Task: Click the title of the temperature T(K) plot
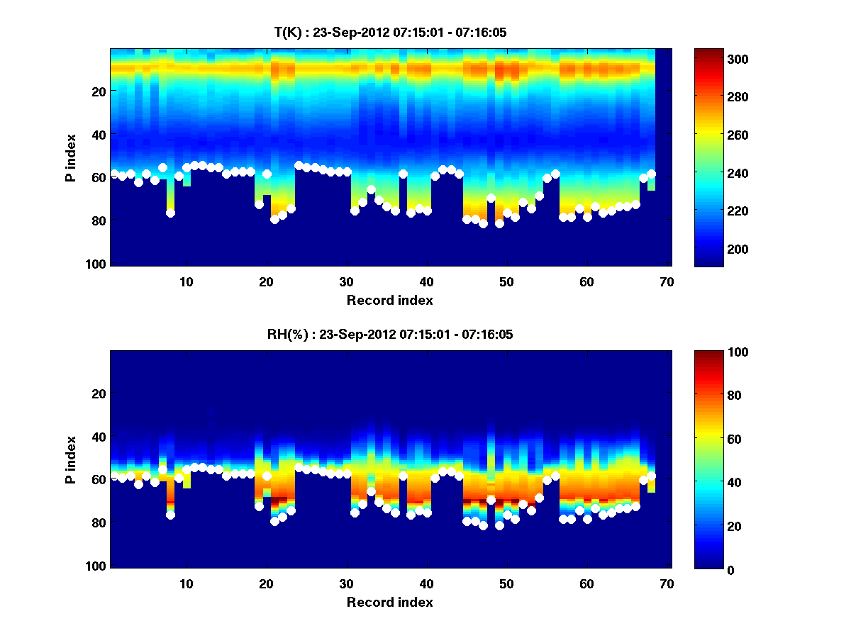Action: [389, 33]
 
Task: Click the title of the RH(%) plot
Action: [389, 335]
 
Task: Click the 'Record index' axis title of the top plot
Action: [389, 300]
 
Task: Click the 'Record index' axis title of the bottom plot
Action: [389, 602]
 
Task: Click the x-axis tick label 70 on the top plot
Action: [666, 281]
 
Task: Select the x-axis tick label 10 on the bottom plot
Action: [186, 583]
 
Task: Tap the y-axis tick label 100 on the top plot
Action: [97, 264]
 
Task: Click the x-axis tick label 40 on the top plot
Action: [426, 281]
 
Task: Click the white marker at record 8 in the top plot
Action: [170, 213]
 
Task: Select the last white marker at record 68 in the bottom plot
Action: [651, 476]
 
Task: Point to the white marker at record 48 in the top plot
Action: [491, 198]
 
